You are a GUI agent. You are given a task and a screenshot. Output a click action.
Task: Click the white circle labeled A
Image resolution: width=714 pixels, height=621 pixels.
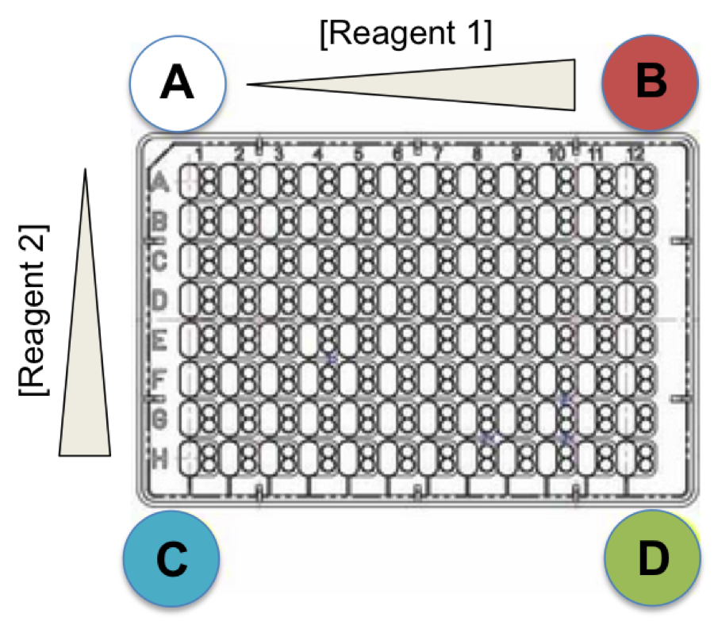coord(178,82)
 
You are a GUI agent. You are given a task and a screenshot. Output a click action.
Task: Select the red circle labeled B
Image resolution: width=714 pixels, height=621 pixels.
coord(650,82)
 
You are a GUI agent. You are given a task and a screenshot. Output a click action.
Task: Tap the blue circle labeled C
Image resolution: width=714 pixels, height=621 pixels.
coord(171,559)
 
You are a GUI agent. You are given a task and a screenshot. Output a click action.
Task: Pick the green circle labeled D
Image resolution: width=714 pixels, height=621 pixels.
coord(652,559)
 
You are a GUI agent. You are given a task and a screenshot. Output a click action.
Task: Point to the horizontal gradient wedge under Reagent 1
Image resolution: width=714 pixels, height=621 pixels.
coord(476,84)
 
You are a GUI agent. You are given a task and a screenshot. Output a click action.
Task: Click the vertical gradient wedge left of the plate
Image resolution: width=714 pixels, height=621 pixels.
coord(86,357)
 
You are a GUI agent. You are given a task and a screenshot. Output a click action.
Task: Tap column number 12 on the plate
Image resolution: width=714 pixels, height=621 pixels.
coord(635,153)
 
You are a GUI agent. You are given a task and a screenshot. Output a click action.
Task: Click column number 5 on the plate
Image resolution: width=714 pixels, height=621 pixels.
coord(359,153)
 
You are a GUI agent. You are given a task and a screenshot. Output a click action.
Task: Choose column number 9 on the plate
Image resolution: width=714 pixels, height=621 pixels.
coord(517,153)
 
